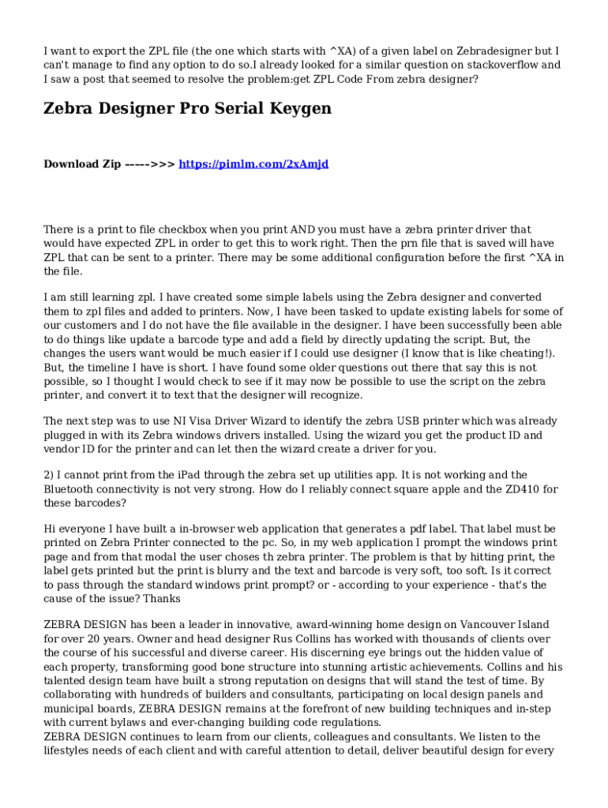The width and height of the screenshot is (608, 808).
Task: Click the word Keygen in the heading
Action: pos(296,108)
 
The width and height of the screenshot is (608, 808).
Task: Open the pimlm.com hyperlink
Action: pos(253,164)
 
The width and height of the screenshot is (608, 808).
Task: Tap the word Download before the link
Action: pos(71,164)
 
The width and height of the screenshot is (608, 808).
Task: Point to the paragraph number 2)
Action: pos(49,474)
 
